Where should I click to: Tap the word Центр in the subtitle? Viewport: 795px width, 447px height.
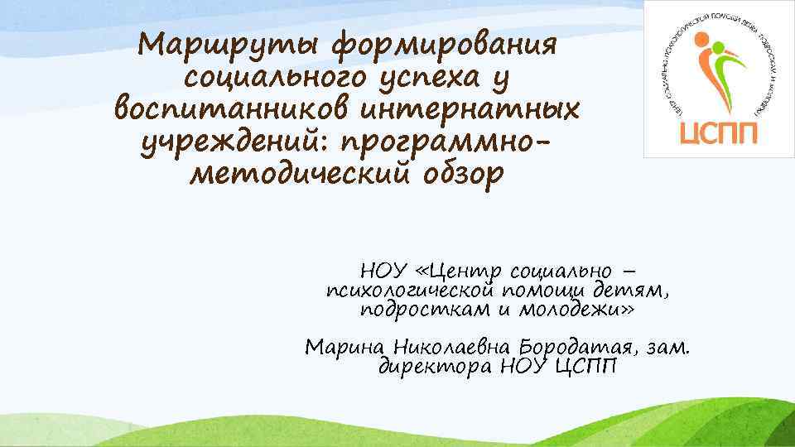click(466, 271)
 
